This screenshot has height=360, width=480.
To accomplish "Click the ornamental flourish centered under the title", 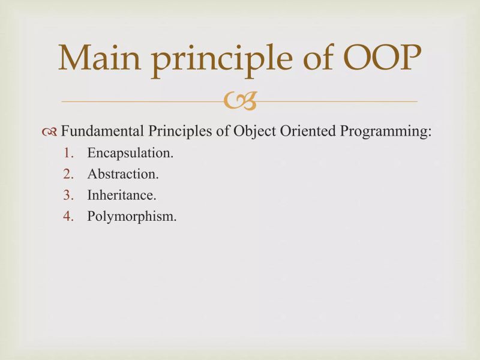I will (x=240, y=102).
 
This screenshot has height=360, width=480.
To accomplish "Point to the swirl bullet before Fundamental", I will (x=50, y=132).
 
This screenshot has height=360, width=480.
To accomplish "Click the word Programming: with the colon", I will (x=376, y=132).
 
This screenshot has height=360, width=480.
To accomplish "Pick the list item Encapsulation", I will (x=130, y=153).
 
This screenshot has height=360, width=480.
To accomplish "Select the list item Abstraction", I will (x=123, y=175).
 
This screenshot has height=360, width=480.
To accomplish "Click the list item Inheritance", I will (x=122, y=195).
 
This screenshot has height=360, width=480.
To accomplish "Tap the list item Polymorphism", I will (x=132, y=217).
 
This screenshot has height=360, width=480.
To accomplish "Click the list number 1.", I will (x=68, y=153).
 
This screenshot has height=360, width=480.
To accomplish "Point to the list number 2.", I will (x=68, y=175).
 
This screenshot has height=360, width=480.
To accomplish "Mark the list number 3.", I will (x=68, y=195).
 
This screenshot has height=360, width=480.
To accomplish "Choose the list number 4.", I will (x=68, y=216).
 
